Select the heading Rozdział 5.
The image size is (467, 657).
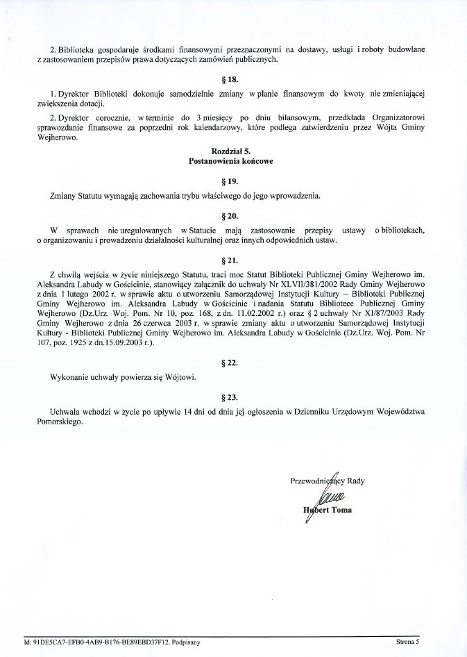pos(232,151)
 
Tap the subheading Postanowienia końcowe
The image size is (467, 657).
pos(232,160)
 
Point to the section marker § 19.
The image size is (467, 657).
pos(232,181)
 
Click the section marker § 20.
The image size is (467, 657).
pos(232,215)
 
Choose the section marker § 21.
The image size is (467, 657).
pos(232,260)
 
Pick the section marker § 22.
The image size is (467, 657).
pos(232,363)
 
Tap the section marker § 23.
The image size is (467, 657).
pos(232,397)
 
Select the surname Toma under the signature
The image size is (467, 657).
pos(339,510)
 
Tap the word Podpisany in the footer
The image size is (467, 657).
pos(185,642)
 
